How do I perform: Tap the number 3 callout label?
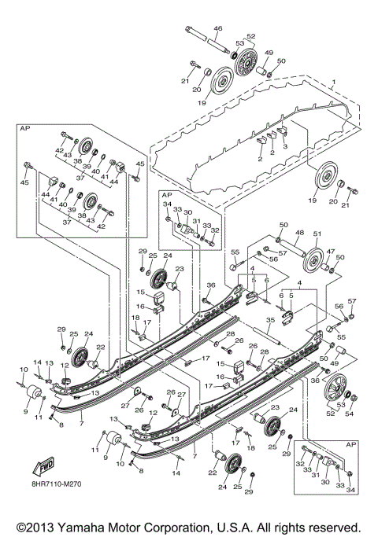284,147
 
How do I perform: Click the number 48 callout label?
298,233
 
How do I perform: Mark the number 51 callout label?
318,234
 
